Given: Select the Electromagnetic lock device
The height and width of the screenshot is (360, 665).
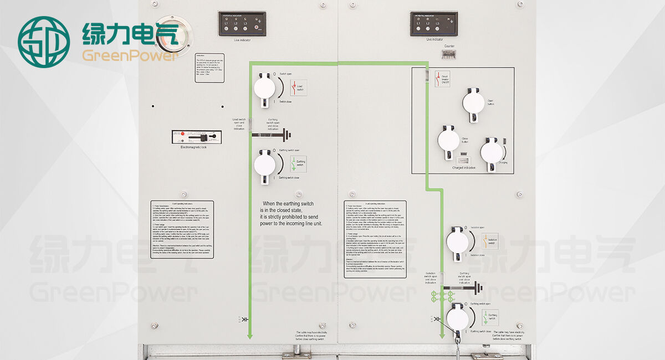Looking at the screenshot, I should [197, 137].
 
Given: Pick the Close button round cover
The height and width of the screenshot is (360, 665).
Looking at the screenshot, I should [448, 139].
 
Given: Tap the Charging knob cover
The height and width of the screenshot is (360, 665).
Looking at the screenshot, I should [491, 151].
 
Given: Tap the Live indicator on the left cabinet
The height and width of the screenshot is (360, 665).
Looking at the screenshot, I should [242, 24].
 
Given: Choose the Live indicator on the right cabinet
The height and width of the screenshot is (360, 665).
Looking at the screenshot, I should [433, 24].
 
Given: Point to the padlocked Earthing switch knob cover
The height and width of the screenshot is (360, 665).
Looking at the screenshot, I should [458, 317].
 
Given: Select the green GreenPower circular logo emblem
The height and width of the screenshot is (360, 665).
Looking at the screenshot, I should [44, 42].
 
